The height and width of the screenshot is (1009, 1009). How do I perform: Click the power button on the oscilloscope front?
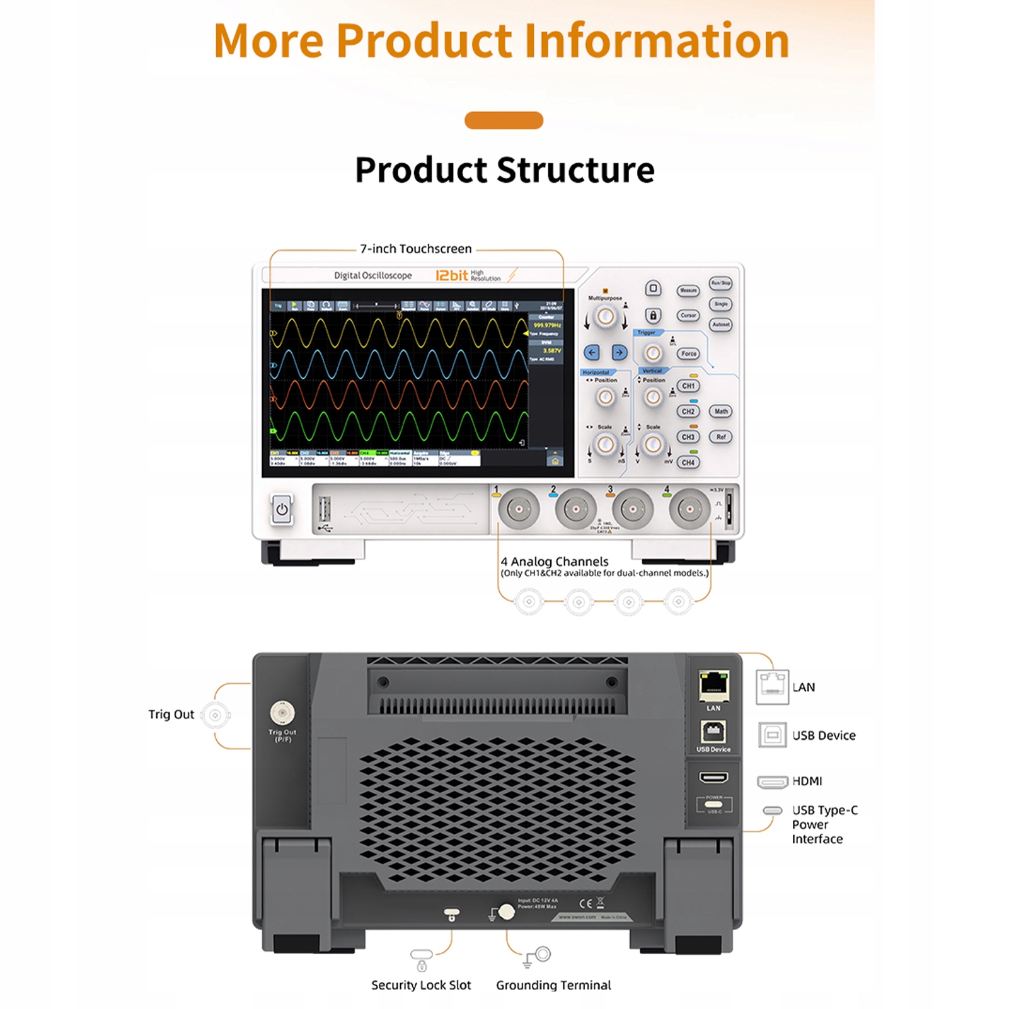[x=282, y=509]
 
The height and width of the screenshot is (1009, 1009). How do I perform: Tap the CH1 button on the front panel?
[x=688, y=386]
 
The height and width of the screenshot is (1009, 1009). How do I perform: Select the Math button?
[x=721, y=412]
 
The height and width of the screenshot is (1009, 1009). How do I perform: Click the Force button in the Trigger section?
[x=689, y=354]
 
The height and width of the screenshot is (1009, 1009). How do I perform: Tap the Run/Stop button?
[x=720, y=283]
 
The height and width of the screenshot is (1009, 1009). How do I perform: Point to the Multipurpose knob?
[x=606, y=316]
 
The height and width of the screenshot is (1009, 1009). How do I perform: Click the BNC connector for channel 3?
[x=633, y=509]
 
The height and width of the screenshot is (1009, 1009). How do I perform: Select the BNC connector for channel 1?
[x=519, y=509]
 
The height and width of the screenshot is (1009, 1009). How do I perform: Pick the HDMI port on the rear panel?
[x=713, y=777]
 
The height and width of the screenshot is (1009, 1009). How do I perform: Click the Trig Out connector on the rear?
[x=282, y=713]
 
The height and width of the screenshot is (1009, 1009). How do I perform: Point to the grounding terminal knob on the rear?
[x=506, y=912]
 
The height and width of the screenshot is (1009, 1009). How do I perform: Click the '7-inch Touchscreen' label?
[x=416, y=249]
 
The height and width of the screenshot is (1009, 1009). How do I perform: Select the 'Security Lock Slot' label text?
[x=421, y=985]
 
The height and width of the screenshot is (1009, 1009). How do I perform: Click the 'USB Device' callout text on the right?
[x=824, y=735]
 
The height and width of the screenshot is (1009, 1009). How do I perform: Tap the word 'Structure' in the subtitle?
[x=576, y=170]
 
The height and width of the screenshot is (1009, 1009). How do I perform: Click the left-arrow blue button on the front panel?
[x=591, y=353]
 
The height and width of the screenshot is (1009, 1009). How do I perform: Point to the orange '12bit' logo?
[x=452, y=275]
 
